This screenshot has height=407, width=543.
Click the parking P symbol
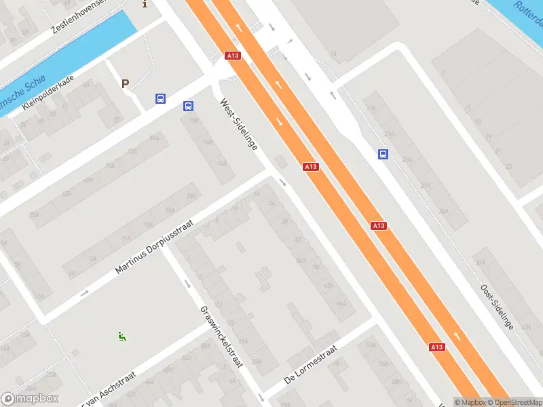click(125, 83)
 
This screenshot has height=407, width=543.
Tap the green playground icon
click(122, 335)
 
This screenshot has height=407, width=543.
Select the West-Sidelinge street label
click(238, 125)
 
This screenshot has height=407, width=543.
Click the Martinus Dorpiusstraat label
click(155, 247)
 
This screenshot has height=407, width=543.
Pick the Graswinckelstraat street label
click(221, 336)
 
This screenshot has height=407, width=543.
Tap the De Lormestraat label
click(311, 367)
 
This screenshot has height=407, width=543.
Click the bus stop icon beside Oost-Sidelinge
click(383, 154)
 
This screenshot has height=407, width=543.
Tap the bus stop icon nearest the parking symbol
click(160, 98)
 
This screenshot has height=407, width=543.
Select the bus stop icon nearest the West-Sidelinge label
click(188, 106)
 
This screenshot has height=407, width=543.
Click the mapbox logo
click(31, 399)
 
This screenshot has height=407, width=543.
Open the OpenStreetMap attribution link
click(517, 402)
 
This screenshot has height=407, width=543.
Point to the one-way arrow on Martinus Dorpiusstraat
click(84, 293)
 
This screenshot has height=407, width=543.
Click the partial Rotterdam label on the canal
click(527, 9)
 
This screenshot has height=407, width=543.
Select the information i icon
click(144, 3)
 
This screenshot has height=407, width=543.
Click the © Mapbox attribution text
click(471, 402)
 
